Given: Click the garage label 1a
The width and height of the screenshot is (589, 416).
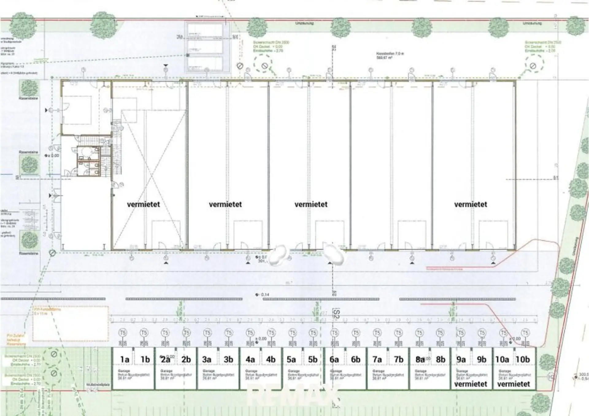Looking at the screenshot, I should (125, 359).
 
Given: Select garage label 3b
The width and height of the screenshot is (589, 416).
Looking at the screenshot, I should (228, 359).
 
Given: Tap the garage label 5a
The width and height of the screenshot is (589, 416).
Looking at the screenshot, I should (291, 359).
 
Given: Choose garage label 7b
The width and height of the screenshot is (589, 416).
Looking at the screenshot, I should (398, 359).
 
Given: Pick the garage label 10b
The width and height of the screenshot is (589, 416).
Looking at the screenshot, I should (523, 359).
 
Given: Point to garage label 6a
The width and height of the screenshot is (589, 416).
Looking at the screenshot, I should (334, 359).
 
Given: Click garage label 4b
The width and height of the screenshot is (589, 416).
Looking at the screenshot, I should (271, 359).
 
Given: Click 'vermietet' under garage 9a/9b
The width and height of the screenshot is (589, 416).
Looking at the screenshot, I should (471, 384).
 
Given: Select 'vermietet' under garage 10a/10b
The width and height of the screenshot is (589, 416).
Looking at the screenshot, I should (514, 384).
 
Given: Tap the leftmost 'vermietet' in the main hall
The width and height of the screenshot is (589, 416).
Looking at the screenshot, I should (144, 204).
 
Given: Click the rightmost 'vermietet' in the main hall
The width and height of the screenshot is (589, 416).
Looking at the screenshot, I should (471, 204).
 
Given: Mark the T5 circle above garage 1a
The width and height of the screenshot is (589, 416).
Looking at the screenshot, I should (123, 333).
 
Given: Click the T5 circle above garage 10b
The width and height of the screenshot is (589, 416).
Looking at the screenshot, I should (525, 333).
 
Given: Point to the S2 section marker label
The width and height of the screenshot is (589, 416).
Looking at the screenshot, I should (336, 314).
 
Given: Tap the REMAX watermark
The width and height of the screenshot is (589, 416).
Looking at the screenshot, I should (293, 396).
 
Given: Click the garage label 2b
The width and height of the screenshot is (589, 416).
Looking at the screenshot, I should (186, 359).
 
